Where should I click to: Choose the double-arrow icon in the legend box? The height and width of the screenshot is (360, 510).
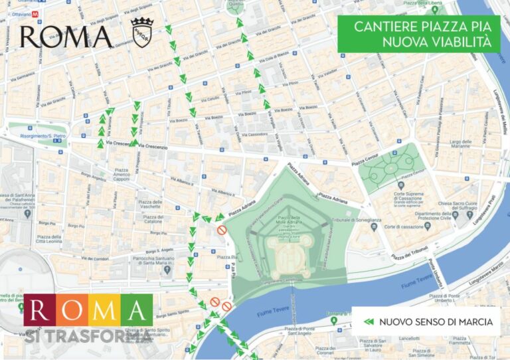pos(369,322)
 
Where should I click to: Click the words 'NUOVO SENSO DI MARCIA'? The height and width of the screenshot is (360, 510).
pos(436,322)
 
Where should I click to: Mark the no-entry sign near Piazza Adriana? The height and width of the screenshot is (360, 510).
pos(222,230)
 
